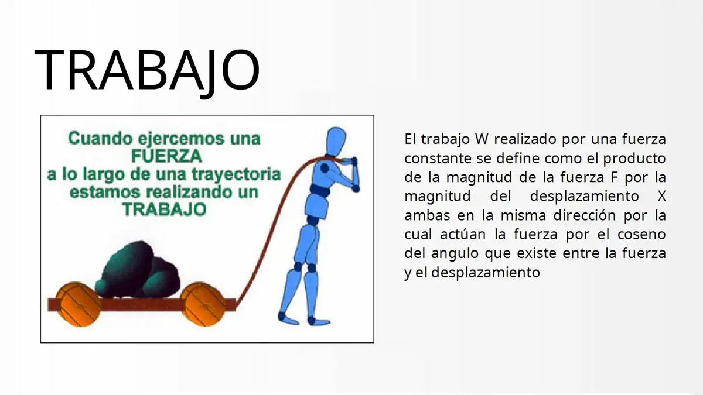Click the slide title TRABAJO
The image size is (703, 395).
coord(147,71)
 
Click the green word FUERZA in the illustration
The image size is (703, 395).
coord(166,156)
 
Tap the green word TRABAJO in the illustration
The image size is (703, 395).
coord(165,209)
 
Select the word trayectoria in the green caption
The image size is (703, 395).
coord(236,175)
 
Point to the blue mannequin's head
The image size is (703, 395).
coord(336,141)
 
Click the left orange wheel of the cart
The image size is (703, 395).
coord(78,304)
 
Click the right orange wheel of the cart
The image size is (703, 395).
coord(203,304)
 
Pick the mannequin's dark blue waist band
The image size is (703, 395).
coord(320,191)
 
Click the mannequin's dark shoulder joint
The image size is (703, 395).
coord(325,169)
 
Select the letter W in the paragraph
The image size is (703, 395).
coord(482,139)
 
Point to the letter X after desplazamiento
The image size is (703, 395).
coord(661,196)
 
